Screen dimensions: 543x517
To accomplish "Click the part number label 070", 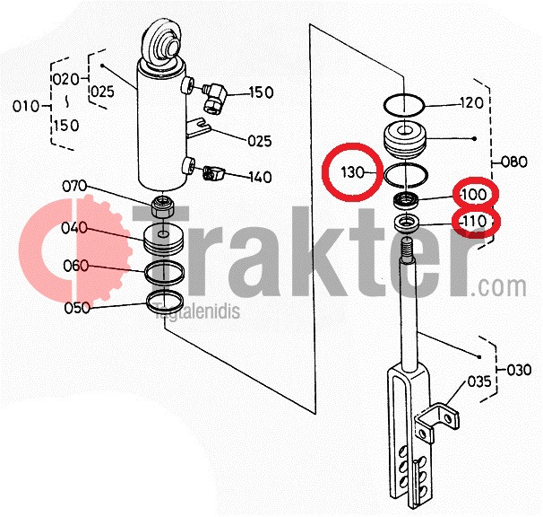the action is click(74, 187).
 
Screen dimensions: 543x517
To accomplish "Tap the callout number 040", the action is click(74, 228).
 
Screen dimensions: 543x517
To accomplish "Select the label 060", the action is click(76, 267).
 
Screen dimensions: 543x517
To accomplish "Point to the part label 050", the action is click(77, 308).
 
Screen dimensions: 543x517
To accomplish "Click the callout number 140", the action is click(261, 178).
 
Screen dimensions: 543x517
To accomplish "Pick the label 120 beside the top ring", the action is click(471, 102).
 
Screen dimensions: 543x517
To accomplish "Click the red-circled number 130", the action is click(352, 172).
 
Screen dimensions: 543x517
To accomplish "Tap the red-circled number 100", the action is click(474, 194).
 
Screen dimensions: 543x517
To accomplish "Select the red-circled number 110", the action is click(474, 221).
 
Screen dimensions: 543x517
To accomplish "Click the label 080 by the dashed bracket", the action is click(514, 162).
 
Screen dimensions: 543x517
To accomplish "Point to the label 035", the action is click(479, 381).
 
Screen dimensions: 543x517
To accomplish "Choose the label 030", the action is click(519, 370).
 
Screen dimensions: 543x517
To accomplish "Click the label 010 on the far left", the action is click(26, 106).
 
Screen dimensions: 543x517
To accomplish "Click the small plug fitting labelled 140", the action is click(213, 173).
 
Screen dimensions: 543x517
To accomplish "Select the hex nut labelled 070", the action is click(162, 206).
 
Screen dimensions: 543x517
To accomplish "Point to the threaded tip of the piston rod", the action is click(407, 247).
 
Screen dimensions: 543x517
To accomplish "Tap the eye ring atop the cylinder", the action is click(160, 44).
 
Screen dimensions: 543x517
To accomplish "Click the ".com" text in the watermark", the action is click(499, 287).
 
